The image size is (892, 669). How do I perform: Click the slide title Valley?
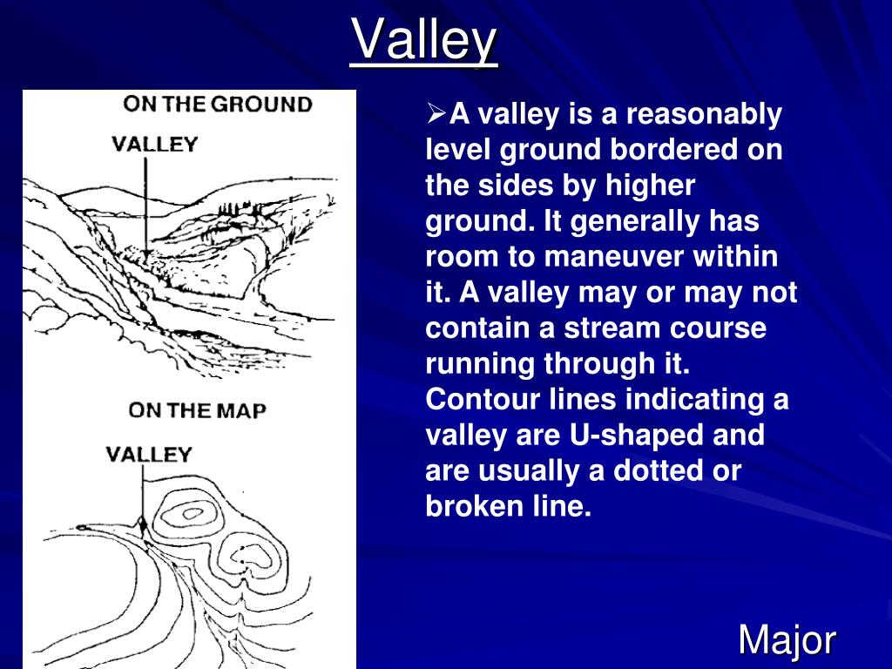click(424, 40)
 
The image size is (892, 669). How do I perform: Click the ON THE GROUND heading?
click(217, 105)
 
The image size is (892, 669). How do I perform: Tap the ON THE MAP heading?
click(197, 409)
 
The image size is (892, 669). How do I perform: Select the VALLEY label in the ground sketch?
click(155, 144)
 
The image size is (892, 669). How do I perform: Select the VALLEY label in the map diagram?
click(148, 454)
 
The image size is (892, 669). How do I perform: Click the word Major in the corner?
click(787, 640)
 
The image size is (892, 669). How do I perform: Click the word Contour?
click(475, 400)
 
